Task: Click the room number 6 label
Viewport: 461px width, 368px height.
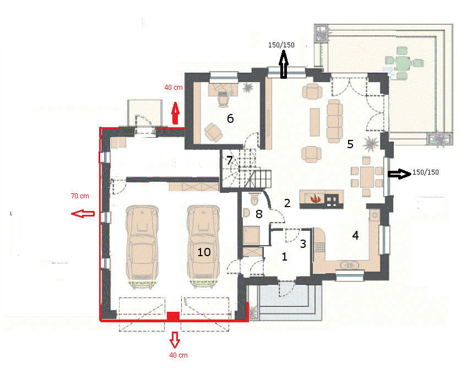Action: point(230,118)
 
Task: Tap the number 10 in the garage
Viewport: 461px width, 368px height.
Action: point(204,252)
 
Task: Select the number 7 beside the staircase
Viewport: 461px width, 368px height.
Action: point(229,161)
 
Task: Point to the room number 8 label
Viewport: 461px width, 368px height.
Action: point(259,214)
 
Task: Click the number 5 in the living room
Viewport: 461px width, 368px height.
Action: point(350,144)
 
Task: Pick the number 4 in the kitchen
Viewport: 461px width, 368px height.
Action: point(355,235)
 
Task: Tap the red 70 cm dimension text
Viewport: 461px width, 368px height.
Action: point(80,196)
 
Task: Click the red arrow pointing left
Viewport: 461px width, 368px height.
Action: point(83,214)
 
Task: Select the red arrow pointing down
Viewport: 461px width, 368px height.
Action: point(175,340)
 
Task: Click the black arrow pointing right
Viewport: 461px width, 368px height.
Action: point(399,174)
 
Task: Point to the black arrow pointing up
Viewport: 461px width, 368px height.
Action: point(284,64)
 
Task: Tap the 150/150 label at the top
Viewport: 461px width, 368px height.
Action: point(281,45)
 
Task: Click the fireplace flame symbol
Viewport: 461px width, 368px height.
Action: point(316,198)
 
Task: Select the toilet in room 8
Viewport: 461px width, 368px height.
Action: point(254,198)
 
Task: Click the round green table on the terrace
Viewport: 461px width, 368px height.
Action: point(402,63)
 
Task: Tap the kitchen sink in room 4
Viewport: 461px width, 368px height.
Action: point(349,266)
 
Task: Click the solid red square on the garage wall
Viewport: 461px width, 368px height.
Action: point(173,316)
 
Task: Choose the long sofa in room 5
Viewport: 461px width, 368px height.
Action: point(335,121)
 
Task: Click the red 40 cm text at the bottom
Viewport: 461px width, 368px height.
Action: point(178,355)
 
